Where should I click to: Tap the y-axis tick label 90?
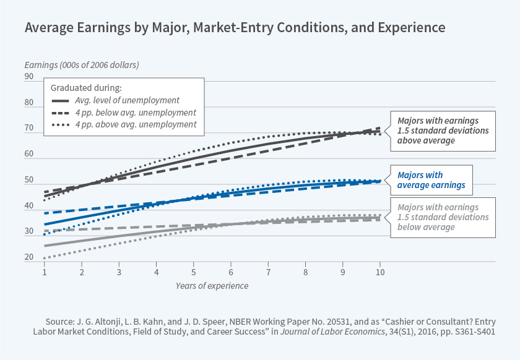pos(29,77)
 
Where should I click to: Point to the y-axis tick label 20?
pos(29,258)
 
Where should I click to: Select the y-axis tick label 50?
pos(29,180)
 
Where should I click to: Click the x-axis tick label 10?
pos(380,272)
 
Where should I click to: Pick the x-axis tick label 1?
pos(45,272)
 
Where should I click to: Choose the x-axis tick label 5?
pos(193,272)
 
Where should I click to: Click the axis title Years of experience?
pos(211,286)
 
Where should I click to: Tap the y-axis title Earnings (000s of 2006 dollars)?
pos(82,64)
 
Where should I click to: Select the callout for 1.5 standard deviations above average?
pos(443,131)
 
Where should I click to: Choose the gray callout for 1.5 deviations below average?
pos(443,217)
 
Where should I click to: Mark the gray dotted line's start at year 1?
pos(45,258)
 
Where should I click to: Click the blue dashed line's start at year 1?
pos(45,213)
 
